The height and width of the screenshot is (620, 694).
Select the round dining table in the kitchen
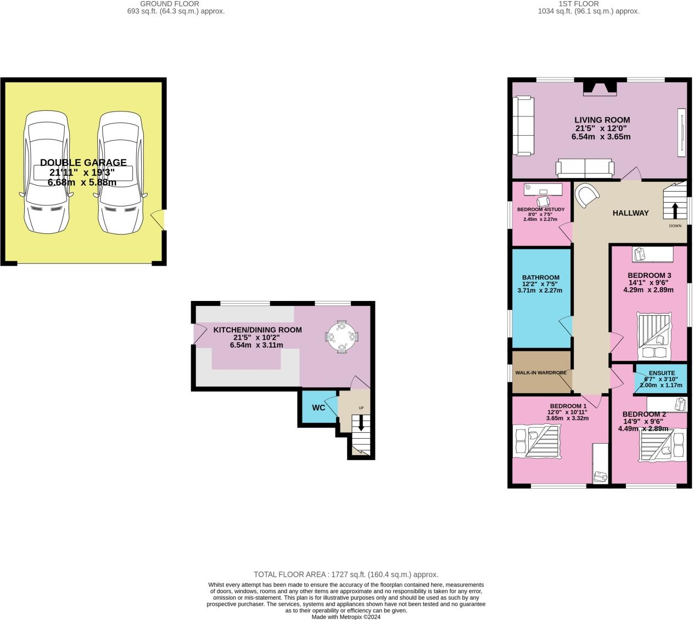point(342,336)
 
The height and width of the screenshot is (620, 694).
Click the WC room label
point(318,407)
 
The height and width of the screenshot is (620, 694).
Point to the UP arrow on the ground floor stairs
point(361,422)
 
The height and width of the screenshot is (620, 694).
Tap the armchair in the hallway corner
point(586,195)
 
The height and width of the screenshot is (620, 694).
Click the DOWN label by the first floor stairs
point(675,226)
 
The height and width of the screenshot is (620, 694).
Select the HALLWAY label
point(630,213)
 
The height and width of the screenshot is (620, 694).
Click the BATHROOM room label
point(540,278)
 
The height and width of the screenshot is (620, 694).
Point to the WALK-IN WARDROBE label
point(540,373)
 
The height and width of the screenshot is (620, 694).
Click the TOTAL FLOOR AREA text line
point(346,574)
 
